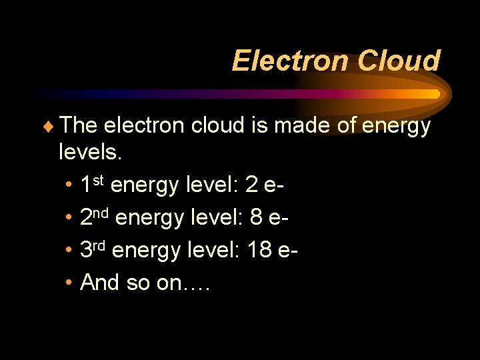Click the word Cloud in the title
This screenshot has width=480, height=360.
pyautogui.click(x=398, y=61)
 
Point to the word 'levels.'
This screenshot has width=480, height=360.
pyautogui.click(x=91, y=154)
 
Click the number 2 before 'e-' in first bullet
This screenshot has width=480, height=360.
pyautogui.click(x=251, y=186)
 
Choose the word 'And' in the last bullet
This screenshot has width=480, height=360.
pyautogui.click(x=99, y=283)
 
